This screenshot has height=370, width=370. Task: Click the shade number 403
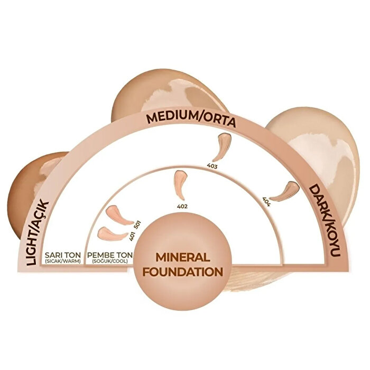click(212, 166)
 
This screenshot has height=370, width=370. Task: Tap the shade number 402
click(182, 207)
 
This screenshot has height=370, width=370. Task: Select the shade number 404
click(266, 201)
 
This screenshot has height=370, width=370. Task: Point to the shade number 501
click(137, 225)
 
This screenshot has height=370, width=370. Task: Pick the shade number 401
click(132, 236)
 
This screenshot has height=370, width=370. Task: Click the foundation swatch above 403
click(221, 147)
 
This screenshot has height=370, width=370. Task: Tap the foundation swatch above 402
click(180, 185)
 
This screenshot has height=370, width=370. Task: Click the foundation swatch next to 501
click(119, 215)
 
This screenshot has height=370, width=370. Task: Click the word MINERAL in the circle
click(183, 257)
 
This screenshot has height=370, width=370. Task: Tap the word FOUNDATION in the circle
click(183, 272)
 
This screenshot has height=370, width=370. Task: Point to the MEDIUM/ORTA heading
click(191, 120)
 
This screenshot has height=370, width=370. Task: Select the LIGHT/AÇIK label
click(38, 233)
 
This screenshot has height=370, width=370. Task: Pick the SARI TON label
click(62, 255)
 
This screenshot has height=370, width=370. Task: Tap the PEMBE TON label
click(110, 255)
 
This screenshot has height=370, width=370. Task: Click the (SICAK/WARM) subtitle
click(62, 262)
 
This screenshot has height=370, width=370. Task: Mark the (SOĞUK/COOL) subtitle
click(110, 262)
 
